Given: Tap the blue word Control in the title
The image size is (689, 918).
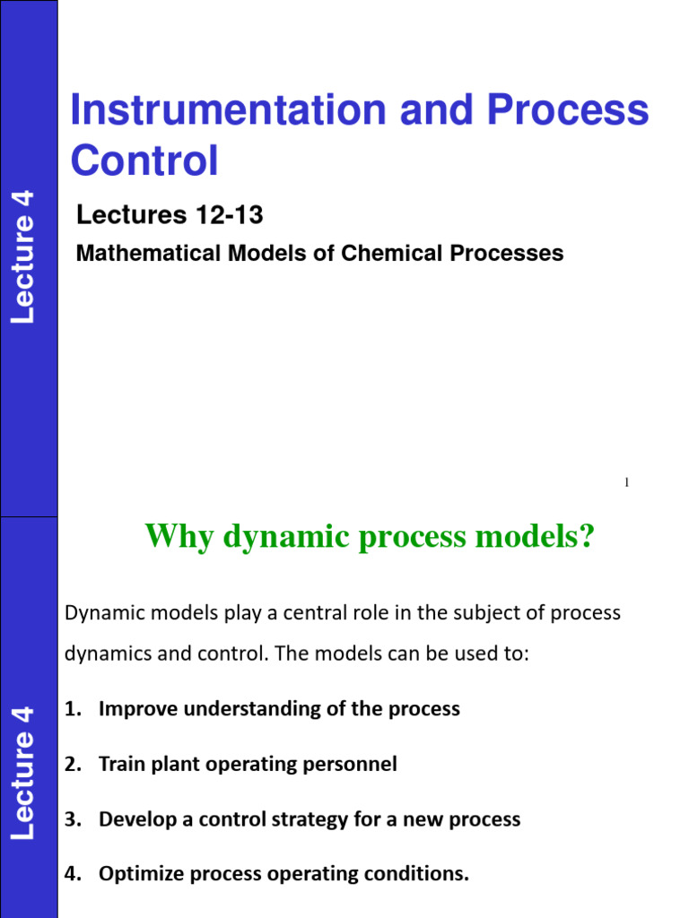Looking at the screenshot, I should click(144, 160).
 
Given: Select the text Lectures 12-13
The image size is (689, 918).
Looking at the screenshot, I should click(170, 215).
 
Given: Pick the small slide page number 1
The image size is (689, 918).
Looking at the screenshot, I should click(626, 483).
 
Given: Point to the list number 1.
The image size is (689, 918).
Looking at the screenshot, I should click(72, 709).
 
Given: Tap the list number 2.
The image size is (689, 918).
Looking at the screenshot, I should click(72, 764).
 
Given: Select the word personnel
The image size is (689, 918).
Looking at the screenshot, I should click(350, 764).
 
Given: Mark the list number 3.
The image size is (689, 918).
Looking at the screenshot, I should click(72, 819).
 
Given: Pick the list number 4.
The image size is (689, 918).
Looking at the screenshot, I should click(72, 874).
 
